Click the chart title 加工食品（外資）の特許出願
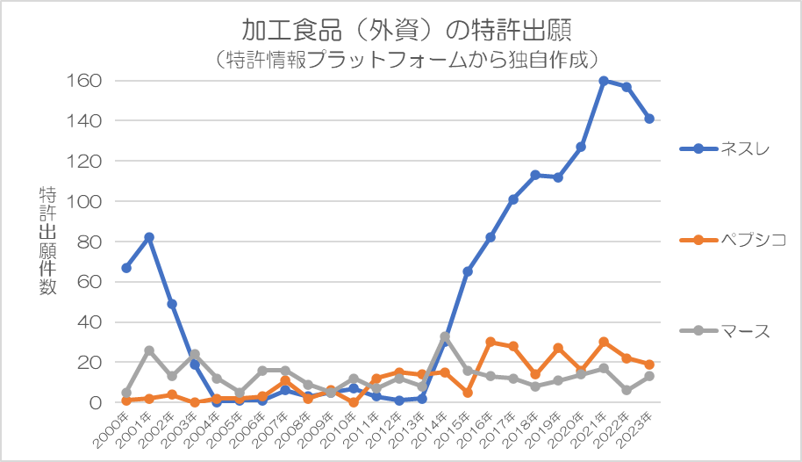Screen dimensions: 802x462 (x=406, y=30)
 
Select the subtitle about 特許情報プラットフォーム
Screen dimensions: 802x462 (x=406, y=60)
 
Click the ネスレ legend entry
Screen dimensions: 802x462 (x=725, y=148)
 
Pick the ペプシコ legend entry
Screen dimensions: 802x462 (x=733, y=240)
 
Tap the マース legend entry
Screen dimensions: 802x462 (x=725, y=331)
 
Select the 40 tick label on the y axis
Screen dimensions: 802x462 (x=90, y=322)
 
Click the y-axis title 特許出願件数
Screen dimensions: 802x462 (x=47, y=241)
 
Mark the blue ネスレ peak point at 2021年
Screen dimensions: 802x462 (x=604, y=81)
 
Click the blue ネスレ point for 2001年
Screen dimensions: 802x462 (x=149, y=238)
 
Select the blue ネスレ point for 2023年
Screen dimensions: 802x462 (x=649, y=119)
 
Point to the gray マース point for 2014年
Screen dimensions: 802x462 (x=445, y=336)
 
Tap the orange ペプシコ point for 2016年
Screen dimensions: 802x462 (x=490, y=343)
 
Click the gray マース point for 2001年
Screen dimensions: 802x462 (x=149, y=350)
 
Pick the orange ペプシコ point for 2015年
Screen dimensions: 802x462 (x=468, y=393)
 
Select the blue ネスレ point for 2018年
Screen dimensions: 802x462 (x=535, y=175)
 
